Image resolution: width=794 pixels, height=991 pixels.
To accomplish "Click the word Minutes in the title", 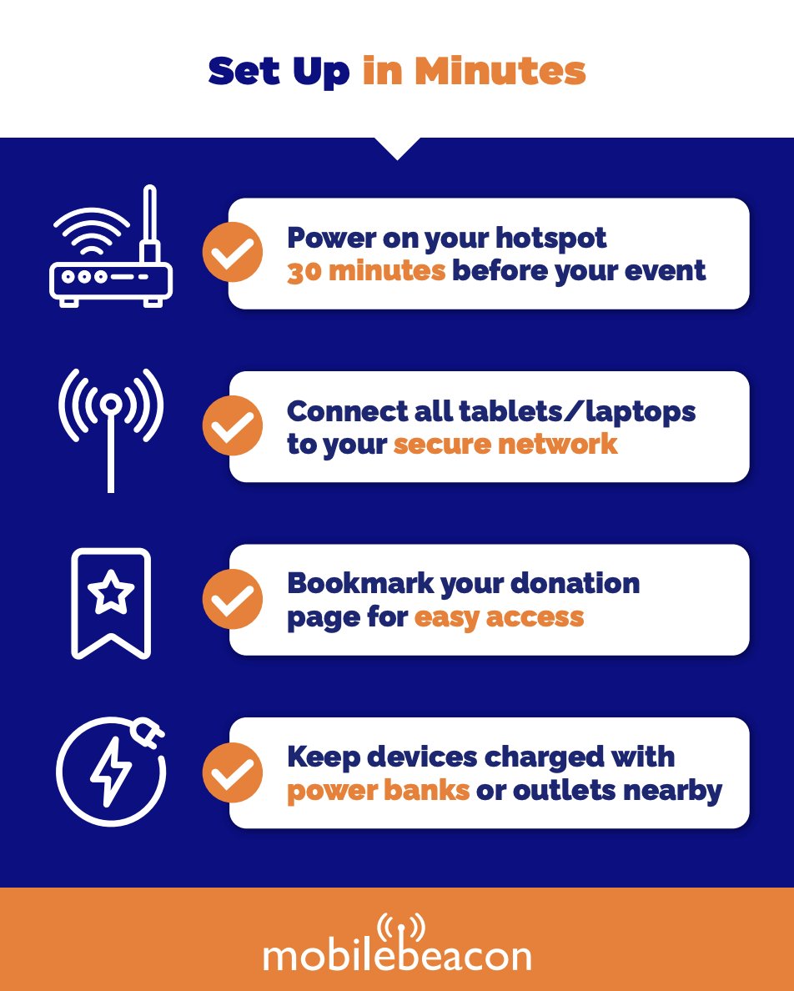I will [x=500, y=72].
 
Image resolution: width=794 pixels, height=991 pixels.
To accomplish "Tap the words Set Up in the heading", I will [x=279, y=72].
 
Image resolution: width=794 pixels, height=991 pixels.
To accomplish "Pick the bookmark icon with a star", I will [x=111, y=602].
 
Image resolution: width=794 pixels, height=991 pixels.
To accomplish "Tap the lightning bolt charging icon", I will [x=111, y=771].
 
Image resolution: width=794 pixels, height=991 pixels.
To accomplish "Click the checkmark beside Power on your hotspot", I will [x=233, y=252].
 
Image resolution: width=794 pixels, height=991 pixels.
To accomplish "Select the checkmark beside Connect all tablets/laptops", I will [x=233, y=425].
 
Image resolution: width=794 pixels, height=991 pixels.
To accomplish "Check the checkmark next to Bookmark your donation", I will [x=233, y=599].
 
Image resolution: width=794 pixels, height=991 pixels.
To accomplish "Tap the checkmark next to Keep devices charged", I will [x=233, y=772].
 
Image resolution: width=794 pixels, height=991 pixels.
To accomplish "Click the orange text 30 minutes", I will [x=365, y=271].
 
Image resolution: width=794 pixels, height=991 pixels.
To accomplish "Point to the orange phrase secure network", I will [x=505, y=444].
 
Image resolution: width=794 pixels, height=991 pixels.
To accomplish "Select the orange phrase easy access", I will [x=499, y=617].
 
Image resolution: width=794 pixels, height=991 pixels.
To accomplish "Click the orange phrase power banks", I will [x=378, y=790].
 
